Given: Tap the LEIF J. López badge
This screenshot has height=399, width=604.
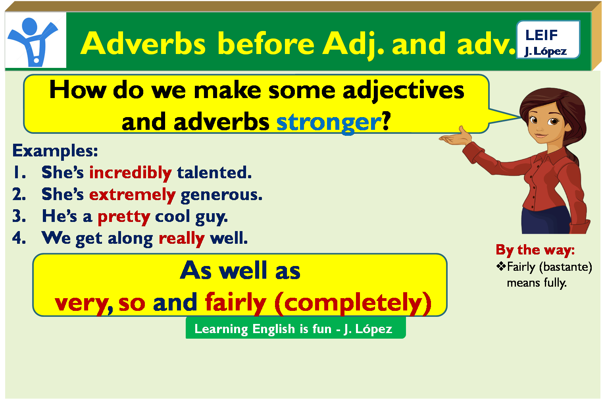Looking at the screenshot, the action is [548, 39].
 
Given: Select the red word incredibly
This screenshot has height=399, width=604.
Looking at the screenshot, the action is [131, 173].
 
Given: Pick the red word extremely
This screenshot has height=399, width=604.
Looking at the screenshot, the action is [133, 195].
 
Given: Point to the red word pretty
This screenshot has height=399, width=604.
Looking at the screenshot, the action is [124, 217].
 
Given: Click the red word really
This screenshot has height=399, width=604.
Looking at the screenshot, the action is [182, 239].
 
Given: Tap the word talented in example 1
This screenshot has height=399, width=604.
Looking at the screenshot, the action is [214, 172].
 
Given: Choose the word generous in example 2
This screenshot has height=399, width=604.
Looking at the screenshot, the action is [221, 195].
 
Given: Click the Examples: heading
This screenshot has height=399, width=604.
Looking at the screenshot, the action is [55, 150].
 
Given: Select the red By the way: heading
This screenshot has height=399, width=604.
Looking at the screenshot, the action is [535, 250].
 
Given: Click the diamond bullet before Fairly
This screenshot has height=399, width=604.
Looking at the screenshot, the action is [501, 266].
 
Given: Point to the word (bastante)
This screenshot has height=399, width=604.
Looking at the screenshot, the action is [566, 267].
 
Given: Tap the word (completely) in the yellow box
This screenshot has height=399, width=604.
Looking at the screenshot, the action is [353, 303].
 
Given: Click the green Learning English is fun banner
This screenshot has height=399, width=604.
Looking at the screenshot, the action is [296, 328].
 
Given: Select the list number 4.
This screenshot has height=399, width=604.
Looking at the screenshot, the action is [19, 237].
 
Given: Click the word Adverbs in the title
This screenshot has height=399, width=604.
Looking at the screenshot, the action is [143, 43].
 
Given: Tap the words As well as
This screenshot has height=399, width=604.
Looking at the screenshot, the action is [240, 270].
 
